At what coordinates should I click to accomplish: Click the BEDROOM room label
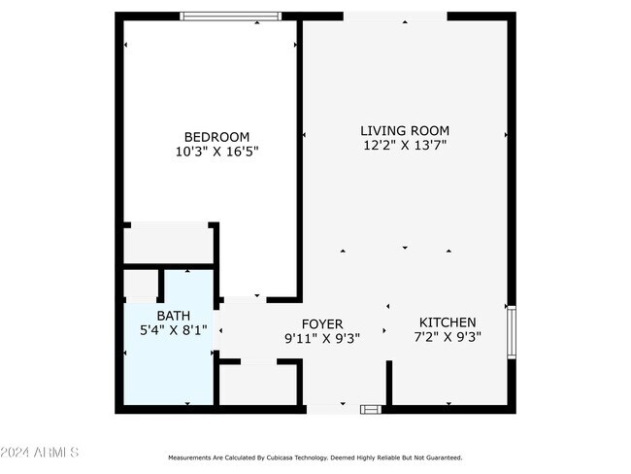click(216, 137)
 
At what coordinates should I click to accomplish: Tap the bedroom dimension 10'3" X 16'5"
click(216, 152)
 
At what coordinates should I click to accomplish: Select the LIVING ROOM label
click(405, 131)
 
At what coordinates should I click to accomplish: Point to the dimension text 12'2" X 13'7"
click(405, 146)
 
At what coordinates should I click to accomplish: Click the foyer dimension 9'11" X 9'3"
click(322, 339)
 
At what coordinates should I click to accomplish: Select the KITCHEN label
click(448, 322)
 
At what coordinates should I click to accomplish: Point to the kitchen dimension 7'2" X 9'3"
click(448, 337)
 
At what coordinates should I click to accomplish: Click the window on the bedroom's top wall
click(230, 16)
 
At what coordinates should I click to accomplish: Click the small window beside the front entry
click(371, 410)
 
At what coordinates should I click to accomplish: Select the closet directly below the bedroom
click(168, 243)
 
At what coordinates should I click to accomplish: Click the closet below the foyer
click(257, 384)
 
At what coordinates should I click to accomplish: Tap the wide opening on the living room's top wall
click(395, 17)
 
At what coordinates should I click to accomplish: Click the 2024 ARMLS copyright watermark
click(41, 453)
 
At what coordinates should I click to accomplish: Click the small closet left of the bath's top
click(141, 285)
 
